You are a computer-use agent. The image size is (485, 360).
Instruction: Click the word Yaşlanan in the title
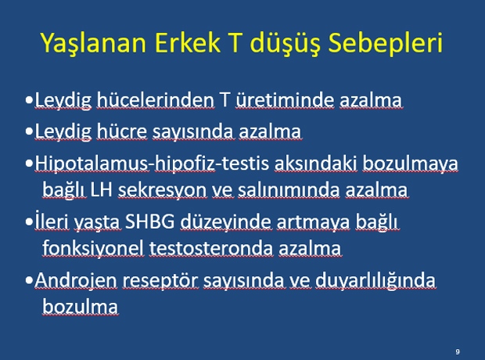[93, 43]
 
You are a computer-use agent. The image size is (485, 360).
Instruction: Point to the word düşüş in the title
[285, 44]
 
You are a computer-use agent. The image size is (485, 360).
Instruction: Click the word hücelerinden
[155, 100]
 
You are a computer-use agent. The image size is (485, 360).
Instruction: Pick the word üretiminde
[285, 100]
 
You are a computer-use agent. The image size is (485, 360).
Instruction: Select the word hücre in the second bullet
[122, 131]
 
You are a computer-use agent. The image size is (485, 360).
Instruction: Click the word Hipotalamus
[92, 164]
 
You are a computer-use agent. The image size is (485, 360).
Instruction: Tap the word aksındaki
[315, 163]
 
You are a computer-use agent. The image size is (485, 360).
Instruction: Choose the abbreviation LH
[101, 189]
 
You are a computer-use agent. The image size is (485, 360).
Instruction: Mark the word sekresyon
[162, 190]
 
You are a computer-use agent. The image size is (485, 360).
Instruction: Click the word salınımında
[289, 189]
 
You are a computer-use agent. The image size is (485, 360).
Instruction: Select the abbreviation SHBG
[149, 221]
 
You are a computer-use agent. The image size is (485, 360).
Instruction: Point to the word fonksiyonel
[93, 248]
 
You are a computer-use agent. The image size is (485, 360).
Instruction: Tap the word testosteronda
[211, 249]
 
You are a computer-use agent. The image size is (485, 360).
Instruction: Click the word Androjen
[76, 281]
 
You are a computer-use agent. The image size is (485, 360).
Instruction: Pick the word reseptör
[160, 282]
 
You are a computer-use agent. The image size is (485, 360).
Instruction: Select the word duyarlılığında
[375, 281]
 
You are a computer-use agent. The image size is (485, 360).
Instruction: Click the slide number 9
[458, 351]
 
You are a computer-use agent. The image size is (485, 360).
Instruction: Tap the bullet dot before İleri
[30, 222]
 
